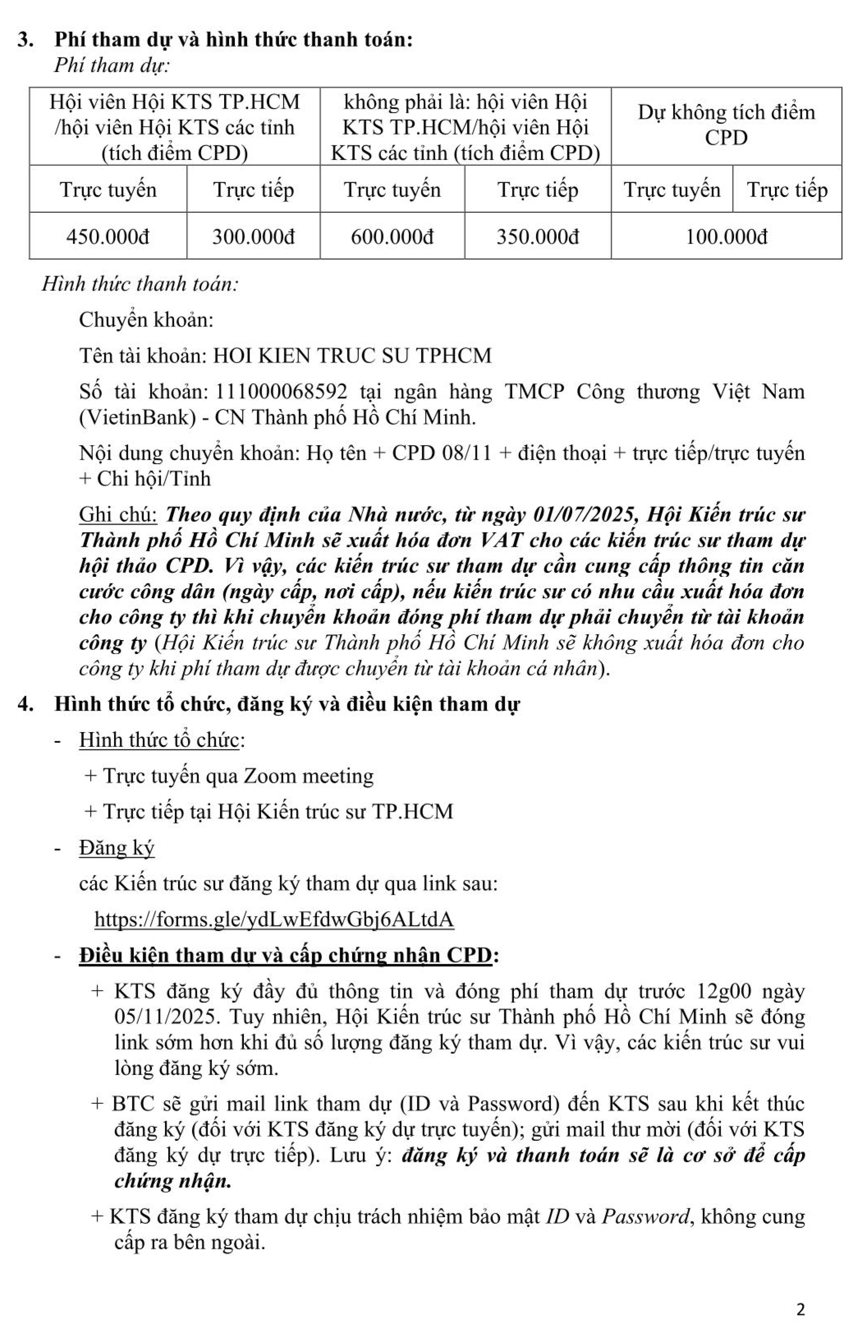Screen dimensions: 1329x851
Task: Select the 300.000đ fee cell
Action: (x=254, y=237)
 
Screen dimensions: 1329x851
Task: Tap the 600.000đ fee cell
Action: (x=392, y=237)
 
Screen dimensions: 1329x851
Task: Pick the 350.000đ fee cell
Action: (x=538, y=237)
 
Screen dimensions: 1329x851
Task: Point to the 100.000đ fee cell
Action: (x=727, y=237)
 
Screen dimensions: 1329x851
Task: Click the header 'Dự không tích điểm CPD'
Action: (x=726, y=125)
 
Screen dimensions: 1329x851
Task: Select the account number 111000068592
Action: (x=281, y=392)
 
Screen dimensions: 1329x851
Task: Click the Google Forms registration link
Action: (x=274, y=919)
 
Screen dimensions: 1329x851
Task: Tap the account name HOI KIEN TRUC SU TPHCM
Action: (x=352, y=355)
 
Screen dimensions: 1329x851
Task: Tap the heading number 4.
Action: (x=23, y=705)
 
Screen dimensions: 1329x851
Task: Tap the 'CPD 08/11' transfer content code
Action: (x=442, y=453)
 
